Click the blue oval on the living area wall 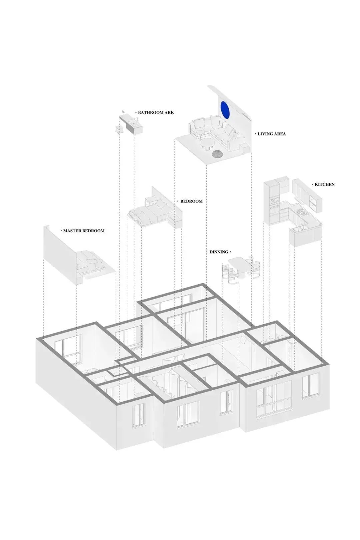click(224, 110)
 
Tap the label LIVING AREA click(272, 134)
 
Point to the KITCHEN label click(325, 184)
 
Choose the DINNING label click(219, 252)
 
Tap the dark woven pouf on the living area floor click(217, 154)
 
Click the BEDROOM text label click(191, 201)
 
